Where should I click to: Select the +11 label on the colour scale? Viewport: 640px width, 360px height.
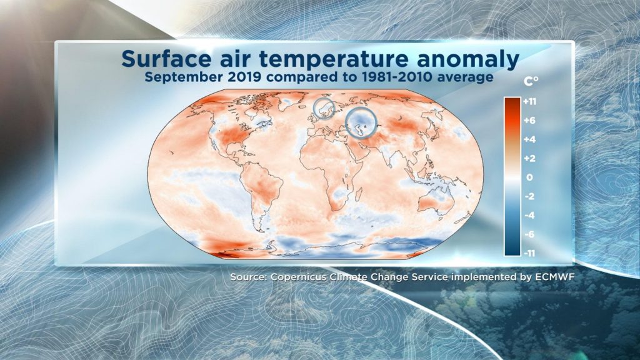(529, 102)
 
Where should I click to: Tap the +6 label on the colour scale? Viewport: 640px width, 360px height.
(529, 121)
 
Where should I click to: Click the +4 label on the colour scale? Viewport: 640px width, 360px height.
(529, 139)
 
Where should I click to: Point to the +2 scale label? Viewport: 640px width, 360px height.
(529, 158)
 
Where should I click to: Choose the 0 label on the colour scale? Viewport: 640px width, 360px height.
(529, 177)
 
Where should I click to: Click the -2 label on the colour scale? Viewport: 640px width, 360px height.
(529, 196)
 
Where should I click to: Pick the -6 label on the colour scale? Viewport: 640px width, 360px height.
(529, 234)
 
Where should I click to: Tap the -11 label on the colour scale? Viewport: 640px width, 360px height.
(529, 254)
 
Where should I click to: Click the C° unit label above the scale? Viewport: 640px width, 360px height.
(531, 82)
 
